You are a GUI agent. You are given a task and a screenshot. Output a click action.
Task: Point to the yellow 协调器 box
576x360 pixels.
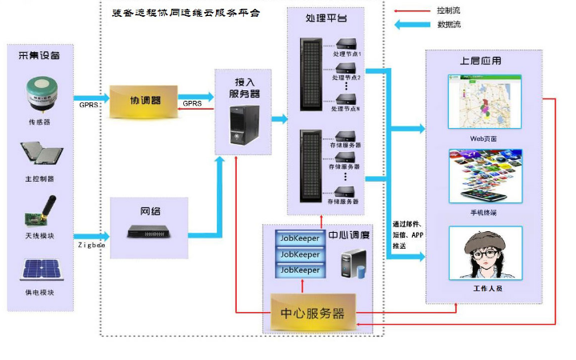145,102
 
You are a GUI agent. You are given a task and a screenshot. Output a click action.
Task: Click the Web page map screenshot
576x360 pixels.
482,102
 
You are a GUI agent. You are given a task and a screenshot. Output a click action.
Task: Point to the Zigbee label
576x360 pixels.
91,245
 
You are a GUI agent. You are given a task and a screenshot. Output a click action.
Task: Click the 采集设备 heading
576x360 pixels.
39,55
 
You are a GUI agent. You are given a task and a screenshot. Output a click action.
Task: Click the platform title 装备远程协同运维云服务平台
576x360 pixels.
186,14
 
